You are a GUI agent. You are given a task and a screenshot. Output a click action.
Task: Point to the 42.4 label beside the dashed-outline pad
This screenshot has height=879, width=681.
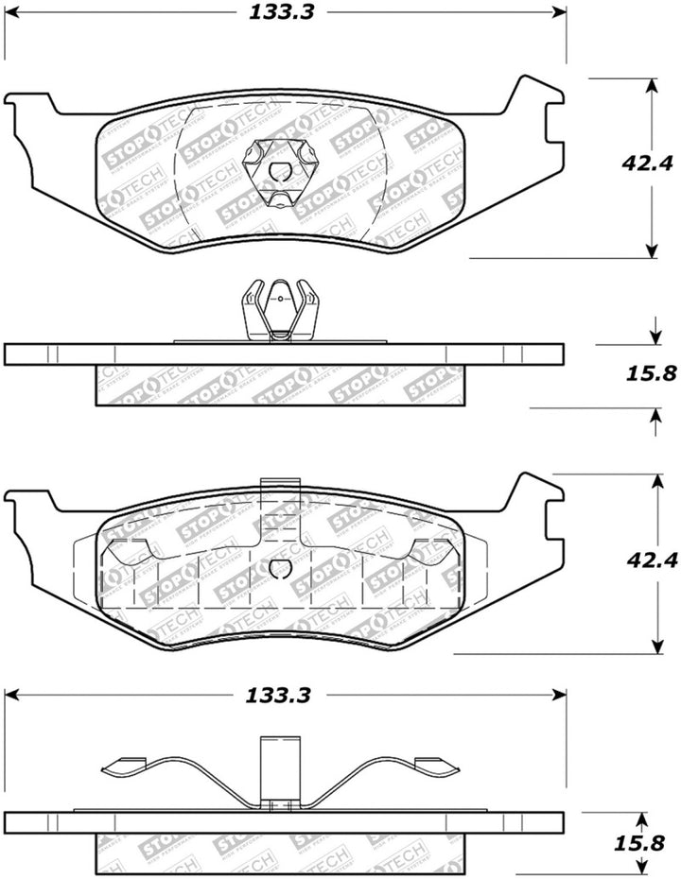pyautogui.click(x=655, y=560)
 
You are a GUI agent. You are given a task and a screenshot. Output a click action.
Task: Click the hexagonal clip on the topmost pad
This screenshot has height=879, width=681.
pyautogui.click(x=279, y=170)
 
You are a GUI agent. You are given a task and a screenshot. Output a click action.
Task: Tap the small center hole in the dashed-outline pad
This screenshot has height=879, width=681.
pyautogui.click(x=280, y=568)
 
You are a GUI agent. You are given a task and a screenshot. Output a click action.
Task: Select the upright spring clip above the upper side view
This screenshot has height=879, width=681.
pyautogui.click(x=278, y=311)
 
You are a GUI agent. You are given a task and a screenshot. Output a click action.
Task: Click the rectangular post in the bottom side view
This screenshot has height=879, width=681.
pyautogui.click(x=278, y=770)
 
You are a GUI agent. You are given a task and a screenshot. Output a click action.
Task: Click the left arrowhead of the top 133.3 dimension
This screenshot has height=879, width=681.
pyautogui.click(x=11, y=13)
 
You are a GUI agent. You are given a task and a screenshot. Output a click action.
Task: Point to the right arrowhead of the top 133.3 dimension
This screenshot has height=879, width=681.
pyautogui.click(x=558, y=13)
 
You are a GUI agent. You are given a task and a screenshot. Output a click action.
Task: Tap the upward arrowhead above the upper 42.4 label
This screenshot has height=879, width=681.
pyautogui.click(x=651, y=86)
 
